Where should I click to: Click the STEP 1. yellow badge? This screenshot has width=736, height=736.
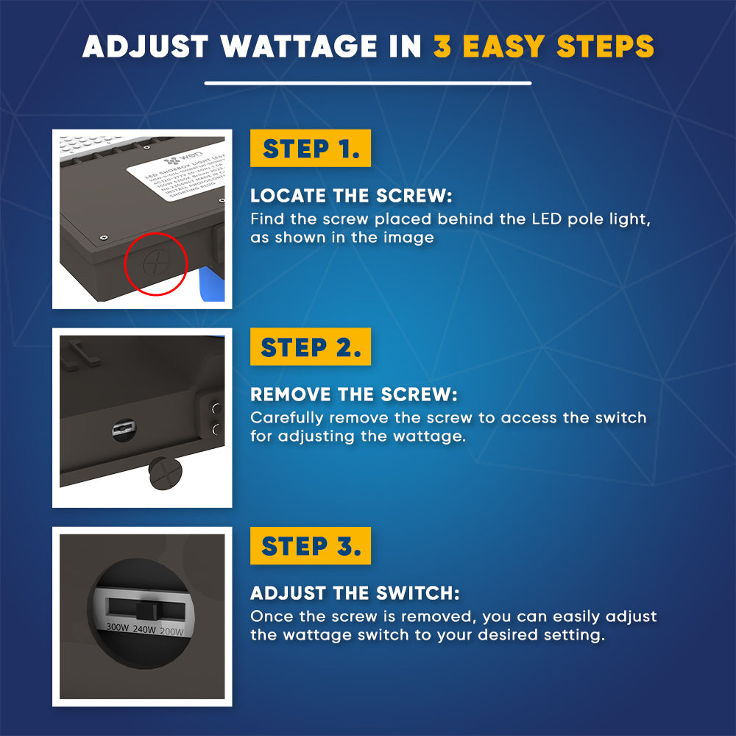point(311,149)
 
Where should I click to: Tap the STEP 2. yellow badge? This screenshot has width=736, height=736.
point(311,347)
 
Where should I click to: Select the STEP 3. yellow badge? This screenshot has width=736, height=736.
point(311,546)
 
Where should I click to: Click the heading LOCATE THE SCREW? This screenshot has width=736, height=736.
point(351,197)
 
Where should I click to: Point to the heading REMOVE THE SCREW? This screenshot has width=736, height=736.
point(353,395)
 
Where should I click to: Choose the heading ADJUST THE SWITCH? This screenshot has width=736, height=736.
point(355,593)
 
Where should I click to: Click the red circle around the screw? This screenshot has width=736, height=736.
point(156,262)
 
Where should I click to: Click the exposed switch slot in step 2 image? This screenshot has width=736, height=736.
point(121,429)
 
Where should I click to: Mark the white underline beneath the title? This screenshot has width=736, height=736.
point(368,83)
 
